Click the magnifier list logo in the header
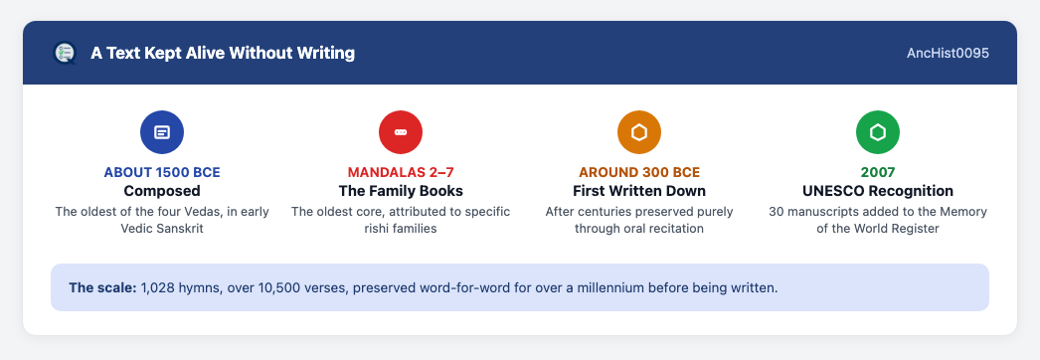(65, 53)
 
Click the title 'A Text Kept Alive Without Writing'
(223, 53)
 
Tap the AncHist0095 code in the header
(948, 53)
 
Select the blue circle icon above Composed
(162, 132)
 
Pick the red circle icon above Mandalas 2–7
(401, 132)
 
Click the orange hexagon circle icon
(639, 132)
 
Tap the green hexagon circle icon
(878, 132)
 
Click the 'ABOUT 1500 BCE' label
(162, 172)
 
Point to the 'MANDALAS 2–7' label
(401, 172)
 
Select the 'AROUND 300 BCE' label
(639, 172)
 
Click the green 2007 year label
(878, 172)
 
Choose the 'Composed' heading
(162, 191)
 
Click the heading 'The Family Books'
(401, 191)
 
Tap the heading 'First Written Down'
(639, 191)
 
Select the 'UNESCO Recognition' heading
(878, 191)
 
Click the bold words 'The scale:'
(102, 287)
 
